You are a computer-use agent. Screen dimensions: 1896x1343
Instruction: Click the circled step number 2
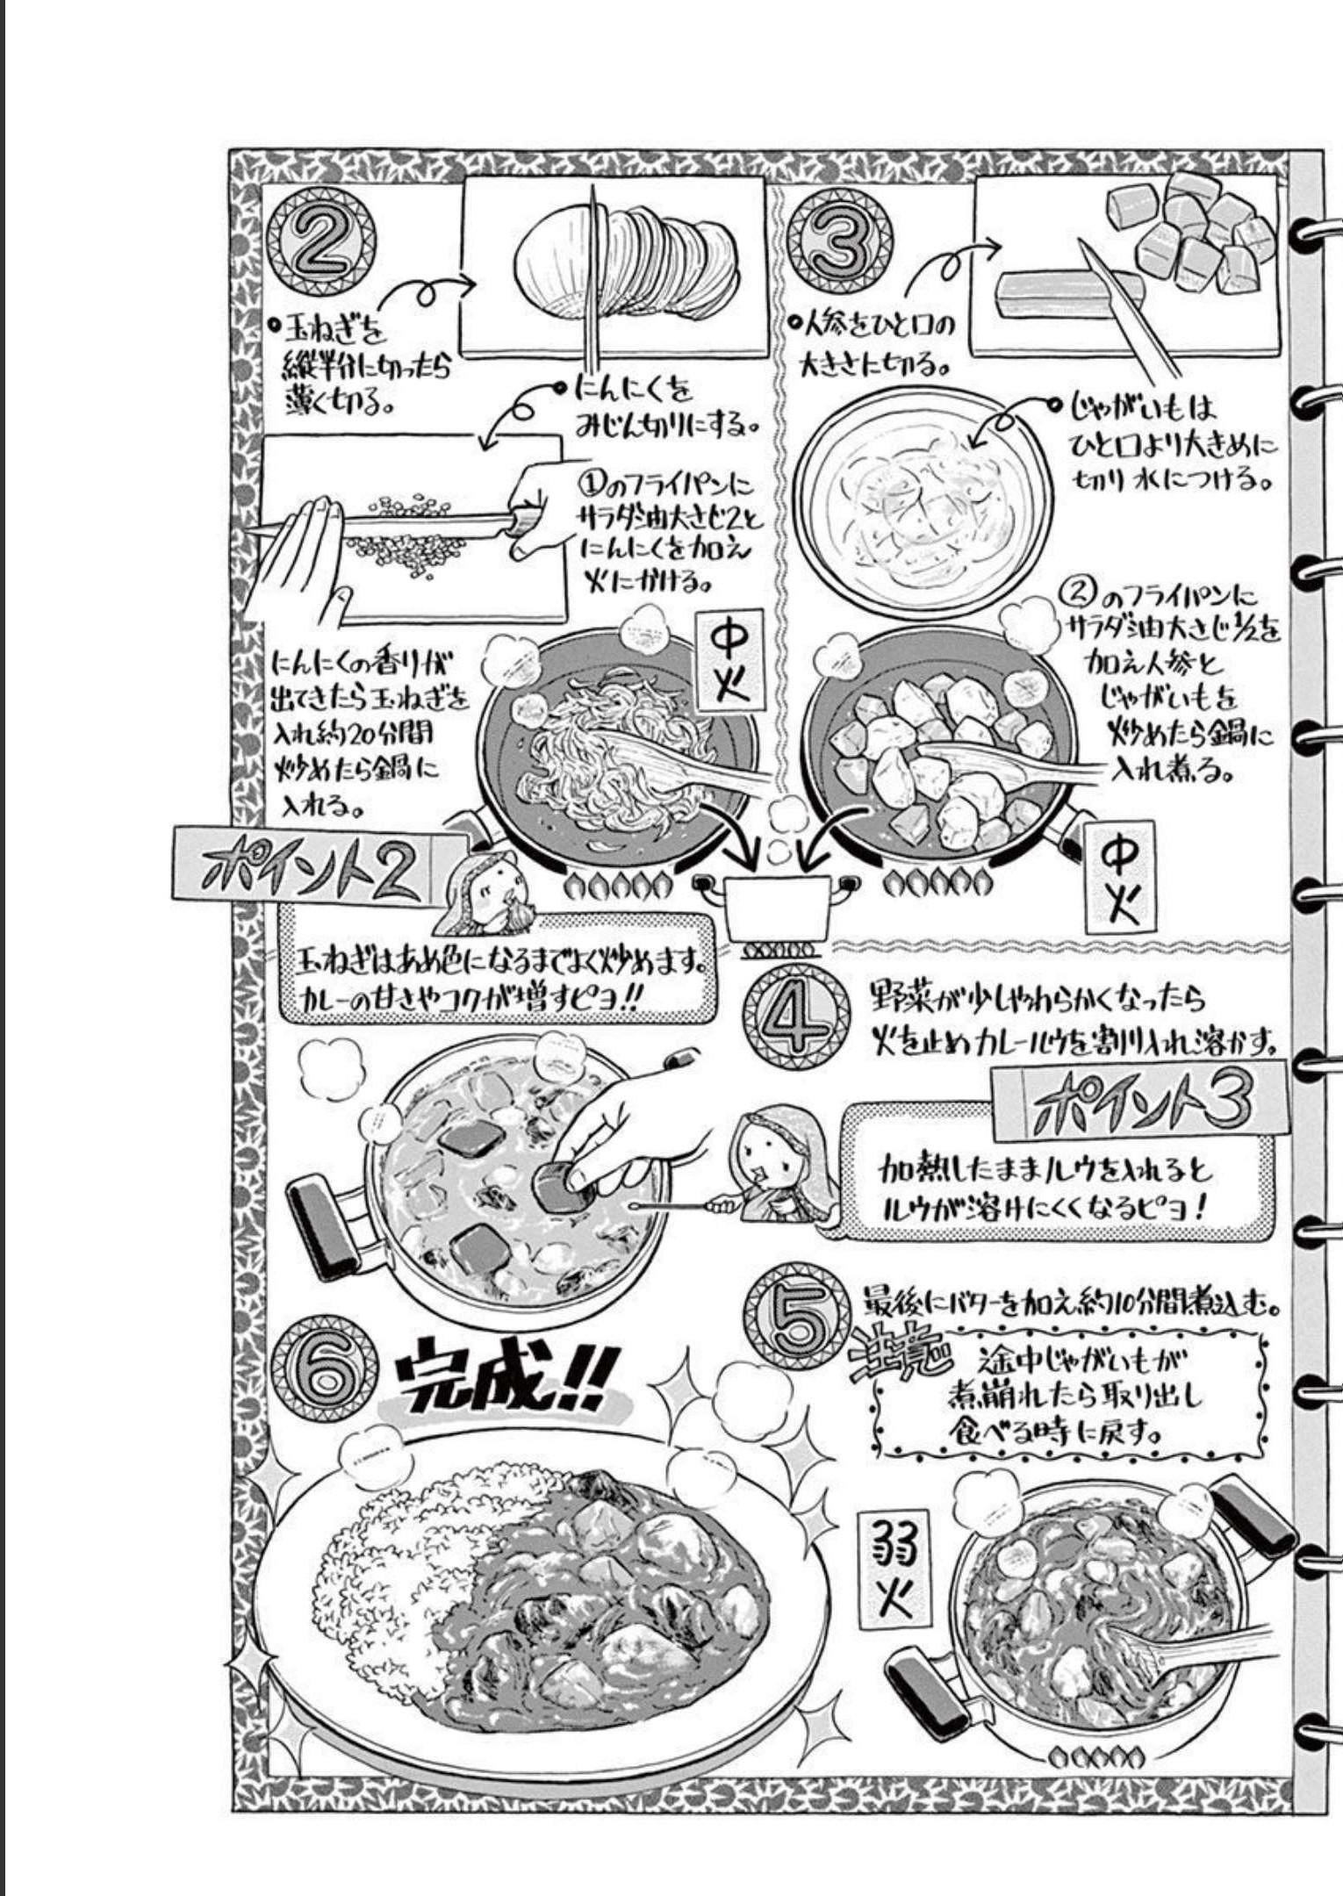321,241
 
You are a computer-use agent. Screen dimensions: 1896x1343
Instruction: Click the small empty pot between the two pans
778,907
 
